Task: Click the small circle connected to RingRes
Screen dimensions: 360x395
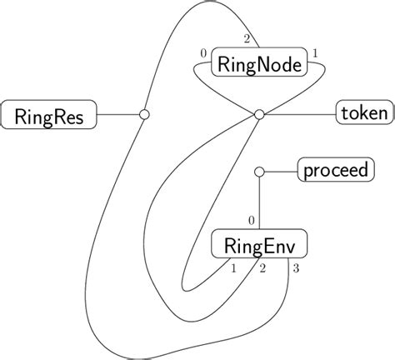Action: coord(143,113)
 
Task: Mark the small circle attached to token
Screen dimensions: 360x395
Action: coord(258,113)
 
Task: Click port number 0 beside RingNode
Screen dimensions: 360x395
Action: coord(204,53)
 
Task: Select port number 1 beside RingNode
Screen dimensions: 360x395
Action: coord(313,53)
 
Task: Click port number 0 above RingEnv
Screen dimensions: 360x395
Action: coord(251,220)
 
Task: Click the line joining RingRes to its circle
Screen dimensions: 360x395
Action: coord(118,113)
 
